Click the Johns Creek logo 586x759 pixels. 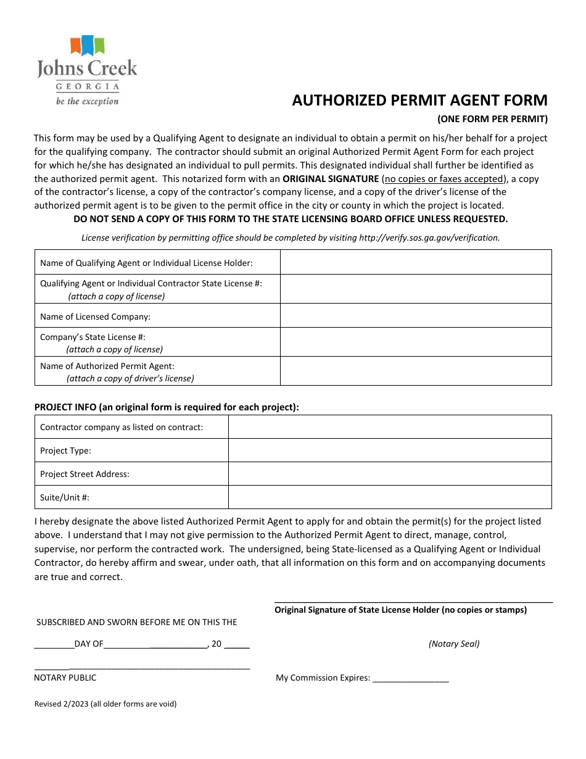point(87,70)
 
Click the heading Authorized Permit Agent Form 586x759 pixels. point(419,101)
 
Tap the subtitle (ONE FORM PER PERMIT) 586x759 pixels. point(492,119)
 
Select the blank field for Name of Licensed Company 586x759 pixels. point(416,315)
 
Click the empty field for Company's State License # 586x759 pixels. point(416,342)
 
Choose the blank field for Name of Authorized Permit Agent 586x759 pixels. point(416,371)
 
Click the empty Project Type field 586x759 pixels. point(389,450)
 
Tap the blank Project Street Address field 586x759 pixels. point(389,474)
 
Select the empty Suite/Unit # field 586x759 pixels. point(389,497)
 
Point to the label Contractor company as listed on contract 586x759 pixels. point(122,427)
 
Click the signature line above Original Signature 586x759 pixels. point(413,602)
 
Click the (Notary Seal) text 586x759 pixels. point(454,644)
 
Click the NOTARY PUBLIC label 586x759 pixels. point(65,678)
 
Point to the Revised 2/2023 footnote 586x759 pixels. point(105,703)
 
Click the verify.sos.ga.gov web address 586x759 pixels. point(429,238)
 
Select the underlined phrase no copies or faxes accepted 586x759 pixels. point(444,179)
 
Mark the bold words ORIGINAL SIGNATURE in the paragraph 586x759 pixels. point(331,179)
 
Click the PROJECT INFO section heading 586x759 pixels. point(167,407)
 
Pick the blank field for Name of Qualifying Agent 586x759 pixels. point(416,262)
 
